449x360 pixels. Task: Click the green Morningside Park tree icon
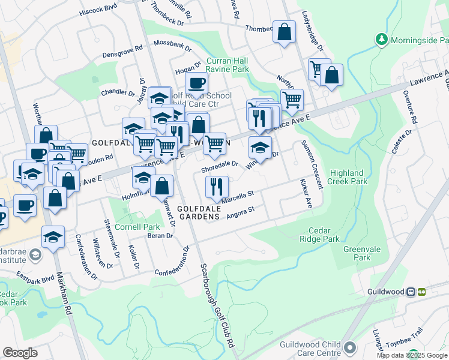(x=381, y=39)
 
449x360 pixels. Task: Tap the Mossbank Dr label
(x=173, y=44)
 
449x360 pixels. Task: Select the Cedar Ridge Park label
(x=324, y=234)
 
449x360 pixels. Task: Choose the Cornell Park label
(x=138, y=227)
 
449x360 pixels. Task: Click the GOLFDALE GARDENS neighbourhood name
(x=200, y=212)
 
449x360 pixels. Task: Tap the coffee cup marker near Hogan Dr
(x=196, y=84)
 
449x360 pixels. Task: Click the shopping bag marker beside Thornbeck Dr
(x=284, y=31)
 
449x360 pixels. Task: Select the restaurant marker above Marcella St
(x=217, y=187)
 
